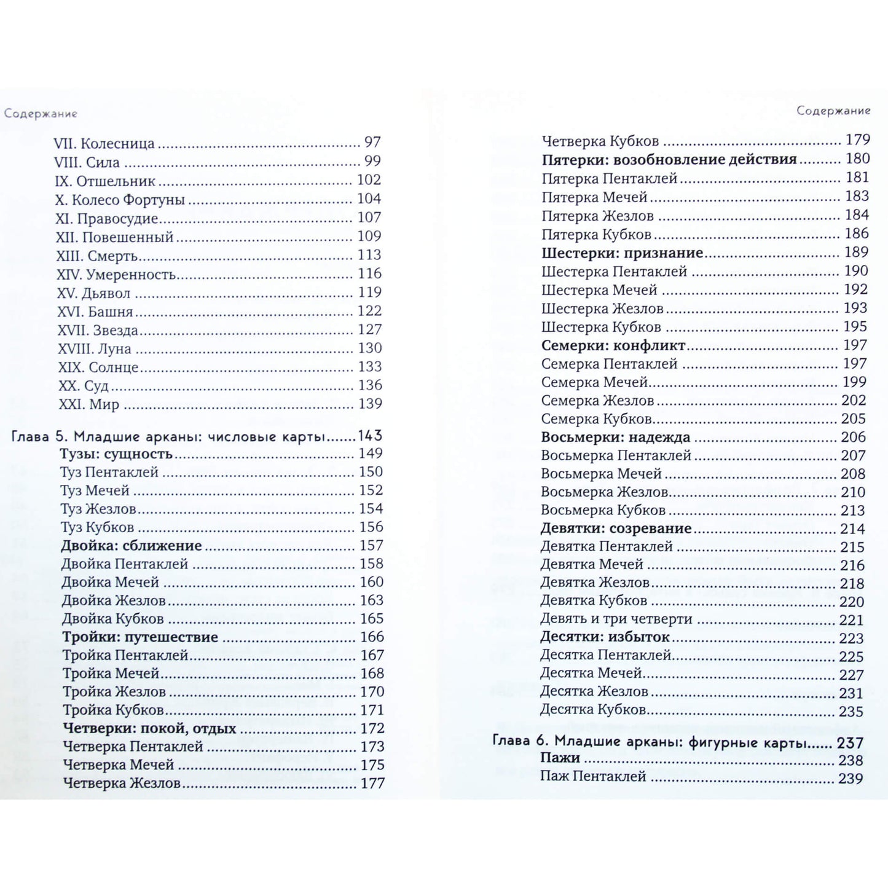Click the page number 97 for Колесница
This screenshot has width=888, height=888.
click(x=372, y=142)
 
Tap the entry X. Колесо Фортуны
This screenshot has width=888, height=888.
click(x=120, y=200)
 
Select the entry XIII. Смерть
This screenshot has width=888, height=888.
click(x=97, y=256)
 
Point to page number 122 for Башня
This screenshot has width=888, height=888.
click(x=369, y=311)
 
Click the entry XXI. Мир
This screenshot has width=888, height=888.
click(x=88, y=405)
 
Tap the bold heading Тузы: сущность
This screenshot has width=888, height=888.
click(x=116, y=454)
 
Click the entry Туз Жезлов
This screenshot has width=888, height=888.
click(x=98, y=509)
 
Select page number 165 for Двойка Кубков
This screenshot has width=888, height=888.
click(x=371, y=619)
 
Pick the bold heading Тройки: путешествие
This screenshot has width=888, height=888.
click(x=140, y=637)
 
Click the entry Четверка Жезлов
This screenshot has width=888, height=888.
click(x=122, y=784)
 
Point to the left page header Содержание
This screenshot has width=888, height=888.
click(x=41, y=114)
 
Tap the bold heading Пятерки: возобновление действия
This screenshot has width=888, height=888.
click(x=669, y=160)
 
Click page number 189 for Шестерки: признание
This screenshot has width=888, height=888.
click(x=856, y=253)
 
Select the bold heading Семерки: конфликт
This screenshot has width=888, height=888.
click(x=613, y=346)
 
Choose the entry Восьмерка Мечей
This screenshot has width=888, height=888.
click(x=601, y=474)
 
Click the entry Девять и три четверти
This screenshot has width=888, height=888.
click(x=616, y=619)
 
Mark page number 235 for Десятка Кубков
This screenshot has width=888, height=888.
click(x=851, y=712)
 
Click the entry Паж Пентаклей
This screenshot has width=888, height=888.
click(x=593, y=777)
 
